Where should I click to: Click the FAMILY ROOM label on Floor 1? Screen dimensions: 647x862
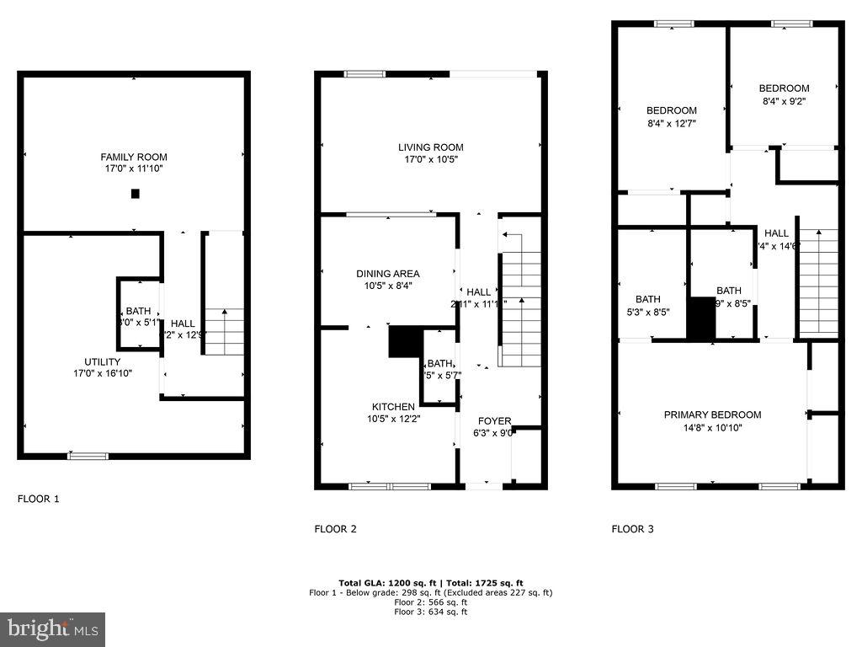(134, 157)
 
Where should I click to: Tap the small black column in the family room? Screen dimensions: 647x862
(135, 194)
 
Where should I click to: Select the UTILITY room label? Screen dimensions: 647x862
(102, 361)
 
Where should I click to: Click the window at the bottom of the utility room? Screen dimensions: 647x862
(88, 456)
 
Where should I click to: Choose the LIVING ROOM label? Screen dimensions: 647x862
(431, 147)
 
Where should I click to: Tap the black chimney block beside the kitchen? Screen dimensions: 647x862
(404, 341)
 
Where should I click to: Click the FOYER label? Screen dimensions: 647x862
(494, 421)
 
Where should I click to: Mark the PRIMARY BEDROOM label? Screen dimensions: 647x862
(712, 414)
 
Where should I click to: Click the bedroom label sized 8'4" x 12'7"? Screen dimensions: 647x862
(671, 110)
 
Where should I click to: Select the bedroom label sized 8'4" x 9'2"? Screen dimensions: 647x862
(784, 88)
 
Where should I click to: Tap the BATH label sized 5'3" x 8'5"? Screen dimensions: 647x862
(648, 299)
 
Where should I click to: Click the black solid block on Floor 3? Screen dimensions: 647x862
(700, 318)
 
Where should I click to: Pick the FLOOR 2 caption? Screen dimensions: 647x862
(335, 529)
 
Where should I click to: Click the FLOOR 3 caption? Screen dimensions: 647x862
(632, 529)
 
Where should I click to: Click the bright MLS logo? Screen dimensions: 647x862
(52, 628)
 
